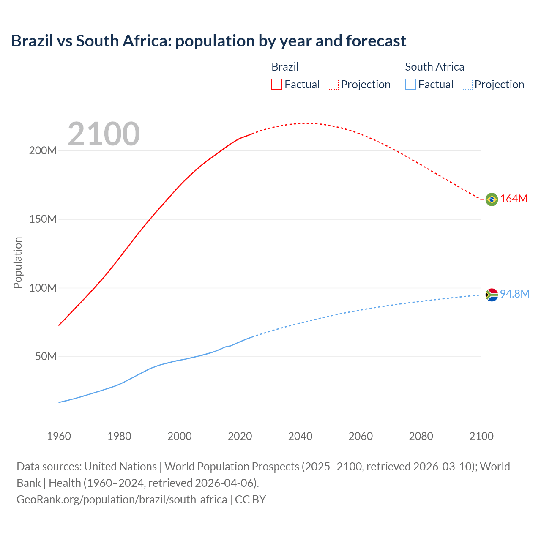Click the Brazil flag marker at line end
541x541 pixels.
492,199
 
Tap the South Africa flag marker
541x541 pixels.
492,295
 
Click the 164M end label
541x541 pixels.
514,199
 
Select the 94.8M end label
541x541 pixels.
514,294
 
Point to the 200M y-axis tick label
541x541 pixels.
43,151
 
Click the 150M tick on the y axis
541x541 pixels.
43,219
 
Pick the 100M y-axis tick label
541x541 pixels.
43,288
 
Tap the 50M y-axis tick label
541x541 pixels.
46,357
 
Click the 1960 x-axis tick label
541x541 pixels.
59,436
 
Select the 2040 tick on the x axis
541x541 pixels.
300,436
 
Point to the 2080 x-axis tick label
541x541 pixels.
421,436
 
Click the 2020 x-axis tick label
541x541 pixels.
240,436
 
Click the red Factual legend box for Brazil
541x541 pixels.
277,84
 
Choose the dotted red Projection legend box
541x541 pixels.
333,84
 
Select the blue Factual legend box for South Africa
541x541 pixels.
410,84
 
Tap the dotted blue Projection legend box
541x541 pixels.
467,84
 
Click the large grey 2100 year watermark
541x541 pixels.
104,134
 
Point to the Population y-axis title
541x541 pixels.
18,262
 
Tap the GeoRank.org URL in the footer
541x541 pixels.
122,500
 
